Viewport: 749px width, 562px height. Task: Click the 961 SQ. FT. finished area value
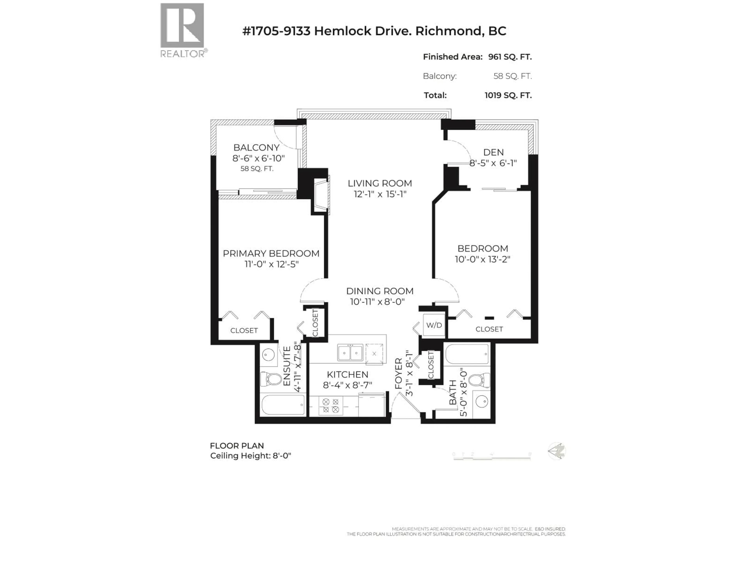pyautogui.click(x=510, y=57)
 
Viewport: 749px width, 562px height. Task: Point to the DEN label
pyautogui.click(x=493, y=152)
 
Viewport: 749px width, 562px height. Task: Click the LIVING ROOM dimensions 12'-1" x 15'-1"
pyautogui.click(x=380, y=194)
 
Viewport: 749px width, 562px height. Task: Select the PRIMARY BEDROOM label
pyautogui.click(x=271, y=253)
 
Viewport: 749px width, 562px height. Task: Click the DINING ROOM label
pyautogui.click(x=380, y=291)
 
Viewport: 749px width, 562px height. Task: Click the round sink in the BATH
pyautogui.click(x=481, y=402)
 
